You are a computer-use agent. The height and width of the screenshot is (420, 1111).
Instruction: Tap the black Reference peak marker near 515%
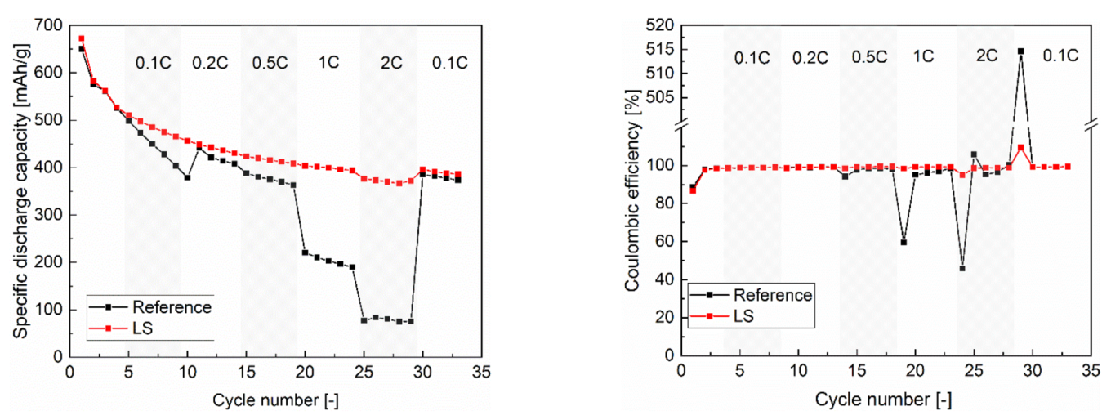(x=1021, y=51)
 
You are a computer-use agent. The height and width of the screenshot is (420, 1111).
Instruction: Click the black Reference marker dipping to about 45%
(x=962, y=268)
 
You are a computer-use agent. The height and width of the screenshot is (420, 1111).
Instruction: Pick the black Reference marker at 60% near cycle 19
(x=904, y=242)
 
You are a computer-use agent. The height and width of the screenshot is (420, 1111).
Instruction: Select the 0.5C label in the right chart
(x=868, y=57)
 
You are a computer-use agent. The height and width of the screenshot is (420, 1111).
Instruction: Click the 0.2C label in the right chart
(x=810, y=57)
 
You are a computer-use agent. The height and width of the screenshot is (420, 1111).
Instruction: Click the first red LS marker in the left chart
(x=82, y=38)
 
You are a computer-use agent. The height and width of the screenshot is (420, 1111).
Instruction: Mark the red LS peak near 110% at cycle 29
(x=1021, y=147)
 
